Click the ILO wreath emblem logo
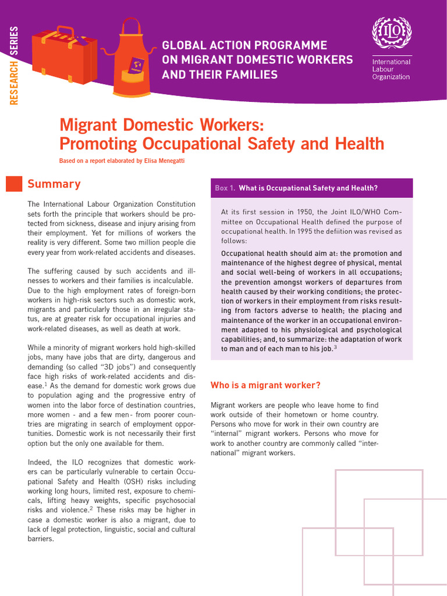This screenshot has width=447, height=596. click(x=391, y=34)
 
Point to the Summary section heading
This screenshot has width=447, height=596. click(x=54, y=184)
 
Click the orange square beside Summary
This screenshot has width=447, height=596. click(x=13, y=183)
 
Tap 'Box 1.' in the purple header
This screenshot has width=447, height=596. click(x=225, y=188)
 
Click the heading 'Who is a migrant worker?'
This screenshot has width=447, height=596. click(x=265, y=385)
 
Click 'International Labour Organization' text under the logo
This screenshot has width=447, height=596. click(x=391, y=69)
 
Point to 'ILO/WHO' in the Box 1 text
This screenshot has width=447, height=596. click(x=359, y=212)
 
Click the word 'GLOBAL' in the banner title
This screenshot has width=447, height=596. click(x=185, y=45)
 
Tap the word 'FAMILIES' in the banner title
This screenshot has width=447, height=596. click(x=247, y=74)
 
